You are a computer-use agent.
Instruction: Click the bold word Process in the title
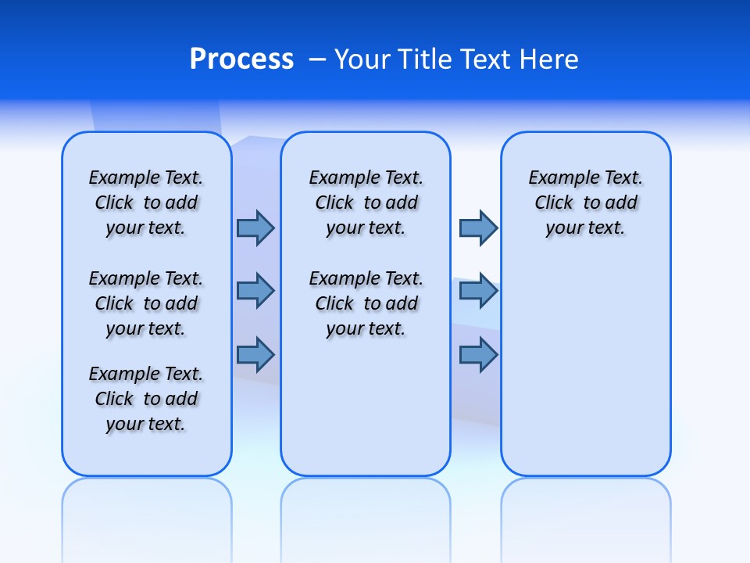click(241, 59)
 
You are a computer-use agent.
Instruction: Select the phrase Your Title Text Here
click(456, 59)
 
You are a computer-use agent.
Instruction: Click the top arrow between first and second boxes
click(255, 228)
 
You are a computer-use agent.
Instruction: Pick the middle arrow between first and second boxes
click(255, 291)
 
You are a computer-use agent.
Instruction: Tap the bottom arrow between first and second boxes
click(255, 355)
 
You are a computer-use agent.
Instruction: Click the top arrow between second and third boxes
click(478, 228)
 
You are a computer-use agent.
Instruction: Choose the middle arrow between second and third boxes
click(478, 291)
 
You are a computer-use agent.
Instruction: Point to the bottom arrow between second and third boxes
click(478, 355)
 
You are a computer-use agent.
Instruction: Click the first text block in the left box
click(146, 203)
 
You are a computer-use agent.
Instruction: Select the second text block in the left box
click(146, 303)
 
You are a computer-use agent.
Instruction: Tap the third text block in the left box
click(146, 399)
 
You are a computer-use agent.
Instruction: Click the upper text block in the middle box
click(366, 203)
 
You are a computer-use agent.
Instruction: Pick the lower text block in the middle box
click(366, 303)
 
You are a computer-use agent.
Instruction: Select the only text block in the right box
click(585, 203)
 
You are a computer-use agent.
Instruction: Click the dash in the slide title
click(318, 60)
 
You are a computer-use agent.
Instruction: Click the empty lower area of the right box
click(585, 368)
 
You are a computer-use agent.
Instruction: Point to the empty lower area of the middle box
click(366, 407)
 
